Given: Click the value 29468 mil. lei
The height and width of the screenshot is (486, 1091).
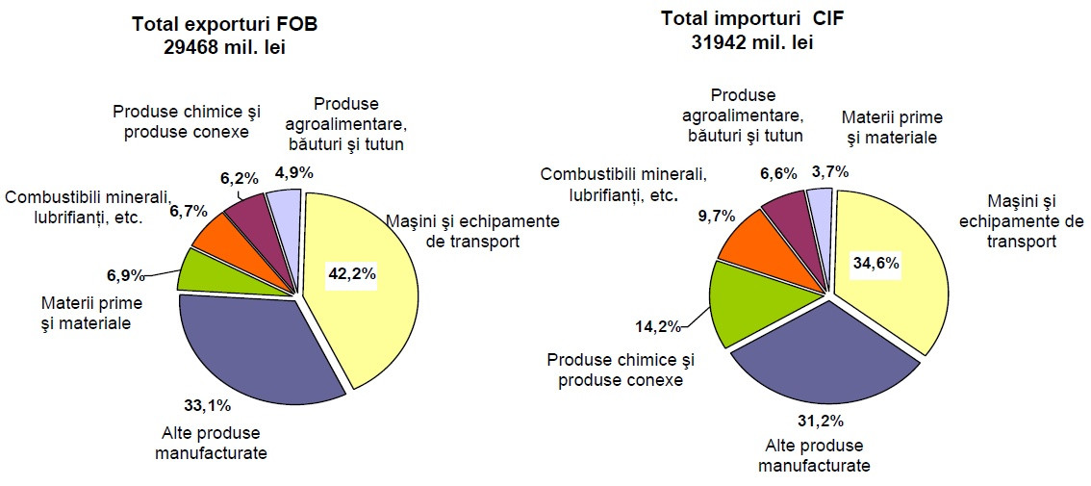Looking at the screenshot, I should point(224,47).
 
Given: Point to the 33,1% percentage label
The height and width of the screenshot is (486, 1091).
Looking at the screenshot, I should point(209,404).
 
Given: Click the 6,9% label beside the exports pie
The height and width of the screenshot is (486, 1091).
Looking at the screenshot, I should point(125,275).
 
